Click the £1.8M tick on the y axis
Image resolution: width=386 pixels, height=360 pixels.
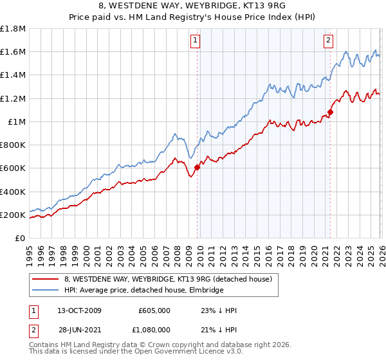click(x=13, y=29)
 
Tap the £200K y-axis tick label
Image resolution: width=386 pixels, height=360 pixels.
click(x=13, y=215)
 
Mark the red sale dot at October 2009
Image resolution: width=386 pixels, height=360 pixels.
click(x=197, y=168)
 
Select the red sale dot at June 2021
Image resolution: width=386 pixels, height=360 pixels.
click(x=330, y=113)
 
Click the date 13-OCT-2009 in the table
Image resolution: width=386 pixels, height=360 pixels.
click(x=76, y=310)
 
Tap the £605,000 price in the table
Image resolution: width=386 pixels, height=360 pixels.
click(x=154, y=310)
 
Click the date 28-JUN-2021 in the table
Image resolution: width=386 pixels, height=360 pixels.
click(x=76, y=329)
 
